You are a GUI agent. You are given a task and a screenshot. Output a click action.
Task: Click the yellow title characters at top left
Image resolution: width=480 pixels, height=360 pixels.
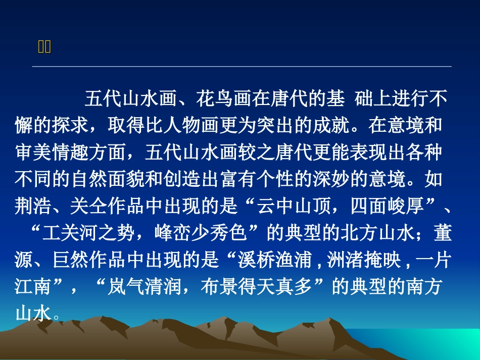coord(44,47)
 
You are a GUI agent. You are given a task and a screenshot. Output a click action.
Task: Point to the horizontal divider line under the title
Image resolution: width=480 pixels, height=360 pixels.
coord(242,66)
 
